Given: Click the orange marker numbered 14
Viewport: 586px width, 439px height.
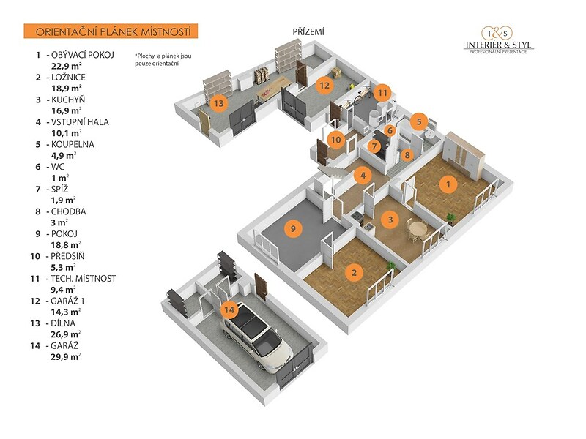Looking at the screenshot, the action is [x=229, y=309].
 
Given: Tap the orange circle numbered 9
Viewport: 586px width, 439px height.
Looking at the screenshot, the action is [x=293, y=228].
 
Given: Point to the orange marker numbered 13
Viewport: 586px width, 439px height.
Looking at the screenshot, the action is [x=218, y=102].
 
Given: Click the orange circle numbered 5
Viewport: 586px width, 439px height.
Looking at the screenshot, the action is [x=419, y=121].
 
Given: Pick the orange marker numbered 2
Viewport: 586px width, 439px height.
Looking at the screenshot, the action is [x=354, y=272].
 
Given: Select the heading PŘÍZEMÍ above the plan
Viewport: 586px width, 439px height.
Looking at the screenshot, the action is [x=308, y=32].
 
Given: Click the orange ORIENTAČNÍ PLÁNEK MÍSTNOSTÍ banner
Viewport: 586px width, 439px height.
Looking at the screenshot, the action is [x=111, y=31].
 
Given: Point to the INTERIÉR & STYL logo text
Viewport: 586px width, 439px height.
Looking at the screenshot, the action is [x=499, y=45].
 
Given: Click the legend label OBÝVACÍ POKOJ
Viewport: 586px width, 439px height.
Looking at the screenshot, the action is [x=83, y=55].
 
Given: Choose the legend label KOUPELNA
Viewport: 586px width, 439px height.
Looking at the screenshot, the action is [x=73, y=144].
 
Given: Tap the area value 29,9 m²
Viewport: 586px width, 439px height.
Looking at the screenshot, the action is [x=66, y=356].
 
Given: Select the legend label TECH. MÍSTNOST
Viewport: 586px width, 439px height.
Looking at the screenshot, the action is [x=84, y=279].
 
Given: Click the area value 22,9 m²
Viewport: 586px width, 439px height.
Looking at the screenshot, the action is [x=67, y=66].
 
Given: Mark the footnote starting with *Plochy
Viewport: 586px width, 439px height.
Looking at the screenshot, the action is [x=163, y=60].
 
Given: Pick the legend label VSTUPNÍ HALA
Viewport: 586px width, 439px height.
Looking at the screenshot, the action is [x=80, y=122].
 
